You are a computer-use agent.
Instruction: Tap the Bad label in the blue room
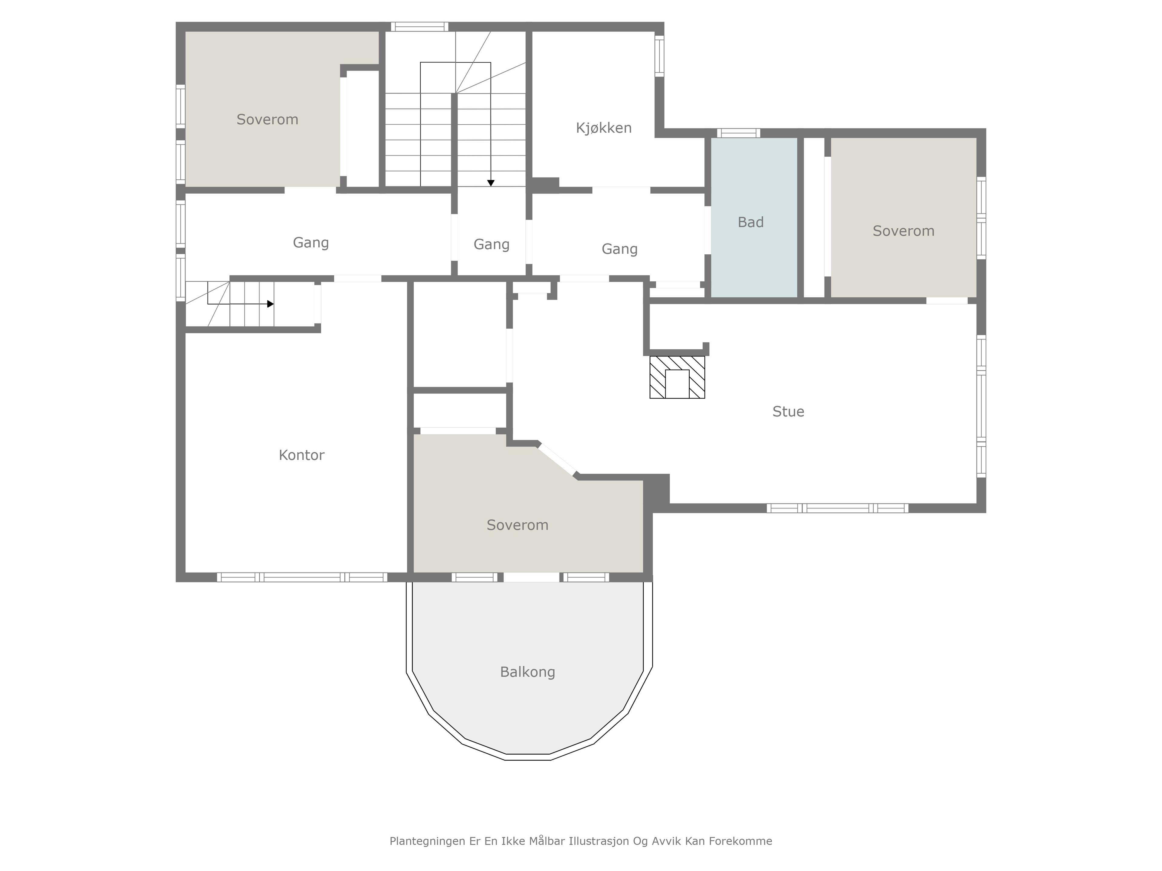pyautogui.click(x=751, y=222)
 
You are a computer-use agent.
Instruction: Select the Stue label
pyautogui.click(x=788, y=412)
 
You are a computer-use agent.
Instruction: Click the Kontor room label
pyautogui.click(x=301, y=455)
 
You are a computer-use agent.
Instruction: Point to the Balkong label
pyautogui.click(x=527, y=672)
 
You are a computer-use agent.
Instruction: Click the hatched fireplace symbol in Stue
pyautogui.click(x=677, y=377)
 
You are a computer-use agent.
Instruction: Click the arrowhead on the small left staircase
pyautogui.click(x=271, y=304)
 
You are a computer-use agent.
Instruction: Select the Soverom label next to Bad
pyautogui.click(x=904, y=231)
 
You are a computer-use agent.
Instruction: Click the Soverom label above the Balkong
pyautogui.click(x=517, y=525)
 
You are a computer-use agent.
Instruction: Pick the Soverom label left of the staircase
pyautogui.click(x=268, y=120)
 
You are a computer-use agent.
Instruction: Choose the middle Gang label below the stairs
pyautogui.click(x=492, y=245)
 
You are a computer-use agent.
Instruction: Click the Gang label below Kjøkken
pyautogui.click(x=620, y=250)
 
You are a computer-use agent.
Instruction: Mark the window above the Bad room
pyautogui.click(x=739, y=133)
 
